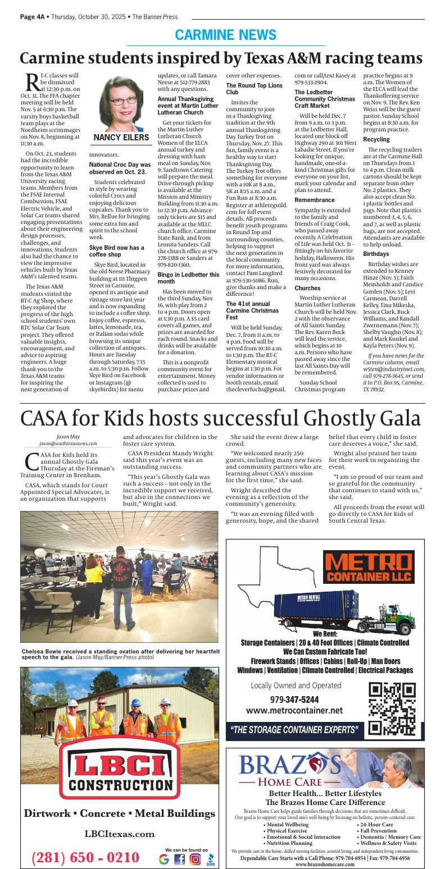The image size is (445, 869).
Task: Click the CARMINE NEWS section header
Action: click(x=225, y=35)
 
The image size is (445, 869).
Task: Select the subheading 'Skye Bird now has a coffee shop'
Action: click(x=117, y=251)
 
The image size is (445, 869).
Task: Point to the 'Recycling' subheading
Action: click(x=376, y=139)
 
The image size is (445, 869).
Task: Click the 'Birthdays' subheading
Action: click(x=376, y=254)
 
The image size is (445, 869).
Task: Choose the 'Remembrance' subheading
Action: click(x=315, y=200)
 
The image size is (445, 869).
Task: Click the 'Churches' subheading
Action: click(x=307, y=288)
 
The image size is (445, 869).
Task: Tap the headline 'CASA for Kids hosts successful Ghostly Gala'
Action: click(x=221, y=418)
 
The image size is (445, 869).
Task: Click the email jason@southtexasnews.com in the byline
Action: click(x=69, y=443)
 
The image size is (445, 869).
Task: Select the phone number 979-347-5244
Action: click(x=294, y=699)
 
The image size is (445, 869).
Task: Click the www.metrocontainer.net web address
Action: click(x=294, y=710)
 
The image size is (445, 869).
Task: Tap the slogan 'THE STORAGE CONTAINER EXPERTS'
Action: click(x=294, y=730)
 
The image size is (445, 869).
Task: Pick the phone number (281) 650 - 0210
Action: click(x=85, y=858)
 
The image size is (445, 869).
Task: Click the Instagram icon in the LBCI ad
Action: click(x=195, y=859)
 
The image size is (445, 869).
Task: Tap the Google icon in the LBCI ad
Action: click(x=164, y=859)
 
